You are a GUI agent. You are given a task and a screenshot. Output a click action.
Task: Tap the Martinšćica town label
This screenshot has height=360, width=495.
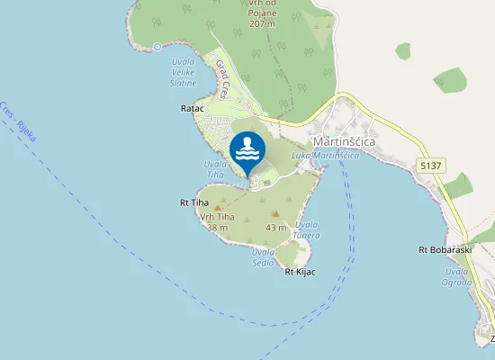tap(345, 141)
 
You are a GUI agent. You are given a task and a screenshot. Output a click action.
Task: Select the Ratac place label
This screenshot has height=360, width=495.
tap(193, 108)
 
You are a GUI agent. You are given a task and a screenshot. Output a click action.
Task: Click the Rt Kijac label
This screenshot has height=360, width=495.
tap(300, 271)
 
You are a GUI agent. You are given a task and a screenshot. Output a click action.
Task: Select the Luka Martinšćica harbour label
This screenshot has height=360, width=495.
tap(326, 156)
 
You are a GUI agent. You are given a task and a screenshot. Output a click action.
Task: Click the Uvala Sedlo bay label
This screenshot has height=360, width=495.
tap(263, 257)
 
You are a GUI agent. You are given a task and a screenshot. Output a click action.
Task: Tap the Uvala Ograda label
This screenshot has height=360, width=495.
tap(458, 276)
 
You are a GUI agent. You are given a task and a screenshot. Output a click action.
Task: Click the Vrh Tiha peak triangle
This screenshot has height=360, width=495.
tap(218, 208)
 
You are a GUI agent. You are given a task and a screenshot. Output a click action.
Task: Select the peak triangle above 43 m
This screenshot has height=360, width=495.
tap(275, 214)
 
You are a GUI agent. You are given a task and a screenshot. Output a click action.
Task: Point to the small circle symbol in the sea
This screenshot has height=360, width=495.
tap(157, 47)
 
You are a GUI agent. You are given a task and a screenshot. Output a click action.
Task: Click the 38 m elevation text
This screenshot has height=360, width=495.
tap(217, 228)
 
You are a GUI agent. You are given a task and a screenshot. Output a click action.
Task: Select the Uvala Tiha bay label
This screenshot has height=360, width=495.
tap(215, 169)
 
